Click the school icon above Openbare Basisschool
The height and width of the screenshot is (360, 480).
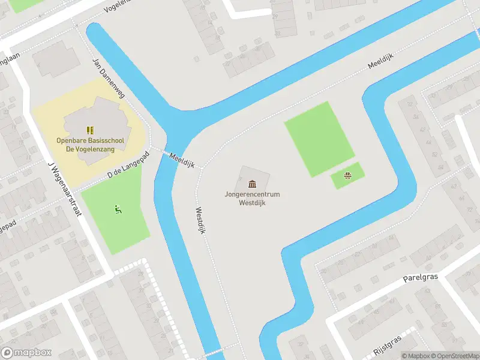coord(90,130)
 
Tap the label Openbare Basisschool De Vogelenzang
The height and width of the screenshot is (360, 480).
coord(90,144)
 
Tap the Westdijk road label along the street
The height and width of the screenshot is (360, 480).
coord(200,220)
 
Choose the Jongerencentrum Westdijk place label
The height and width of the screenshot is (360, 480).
coord(252,199)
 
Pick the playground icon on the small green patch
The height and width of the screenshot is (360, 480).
coord(347,176)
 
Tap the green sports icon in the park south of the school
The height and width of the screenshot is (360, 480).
coord(118,209)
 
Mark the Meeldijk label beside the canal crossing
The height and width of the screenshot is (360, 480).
coord(181,160)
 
